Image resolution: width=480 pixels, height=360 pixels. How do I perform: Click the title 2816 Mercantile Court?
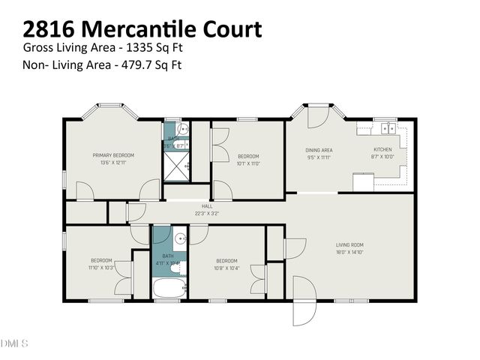click(x=142, y=29)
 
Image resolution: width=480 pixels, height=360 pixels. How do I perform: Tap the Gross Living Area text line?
click(x=103, y=48)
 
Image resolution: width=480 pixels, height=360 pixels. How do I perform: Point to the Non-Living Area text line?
click(x=103, y=64)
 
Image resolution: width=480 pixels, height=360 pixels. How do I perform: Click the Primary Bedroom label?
click(x=112, y=155)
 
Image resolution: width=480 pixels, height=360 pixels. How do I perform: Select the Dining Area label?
click(x=319, y=150)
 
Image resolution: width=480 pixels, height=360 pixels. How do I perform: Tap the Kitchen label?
click(x=382, y=150)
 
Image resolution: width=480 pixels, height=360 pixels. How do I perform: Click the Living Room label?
click(x=349, y=245)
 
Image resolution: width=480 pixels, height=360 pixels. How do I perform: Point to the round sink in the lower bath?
click(x=180, y=240)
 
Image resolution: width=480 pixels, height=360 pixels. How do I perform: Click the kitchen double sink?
click(x=388, y=128)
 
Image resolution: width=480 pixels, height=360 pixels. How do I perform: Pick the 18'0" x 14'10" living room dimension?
click(x=349, y=252)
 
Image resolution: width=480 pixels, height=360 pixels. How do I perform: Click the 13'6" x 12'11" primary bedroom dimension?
click(x=112, y=163)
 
